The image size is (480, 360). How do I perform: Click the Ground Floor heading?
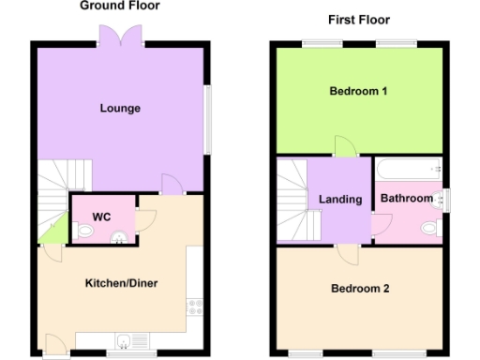119,6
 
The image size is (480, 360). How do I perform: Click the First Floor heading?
359,20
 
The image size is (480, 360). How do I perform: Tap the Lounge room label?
120,108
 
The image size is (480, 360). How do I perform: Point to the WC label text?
101,217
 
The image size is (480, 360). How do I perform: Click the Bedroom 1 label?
358,91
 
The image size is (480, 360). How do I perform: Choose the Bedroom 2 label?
359,289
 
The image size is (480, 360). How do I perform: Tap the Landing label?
340,200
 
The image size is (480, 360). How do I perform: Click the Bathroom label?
406,199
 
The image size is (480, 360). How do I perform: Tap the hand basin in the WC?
119,236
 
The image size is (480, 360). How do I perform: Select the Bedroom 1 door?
345,146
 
